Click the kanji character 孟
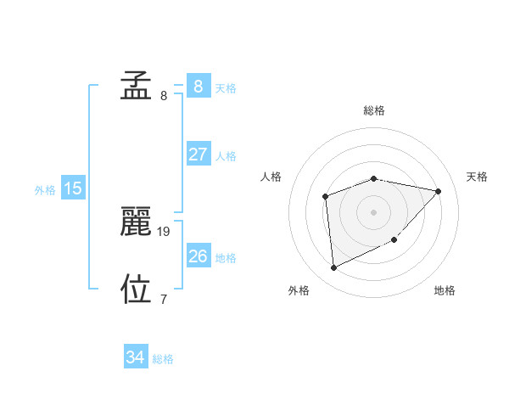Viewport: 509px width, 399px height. pyautogui.click(x=136, y=86)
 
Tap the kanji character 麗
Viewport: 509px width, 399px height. pyautogui.click(x=136, y=222)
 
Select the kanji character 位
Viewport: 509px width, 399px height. pyautogui.click(x=136, y=289)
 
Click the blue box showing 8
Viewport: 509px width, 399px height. pyautogui.click(x=198, y=86)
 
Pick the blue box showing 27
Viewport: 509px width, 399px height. pyautogui.click(x=198, y=155)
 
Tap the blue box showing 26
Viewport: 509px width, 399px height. pyautogui.click(x=198, y=256)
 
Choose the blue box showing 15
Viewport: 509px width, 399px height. pyautogui.click(x=73, y=188)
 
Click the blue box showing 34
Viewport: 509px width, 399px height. pyautogui.click(x=135, y=357)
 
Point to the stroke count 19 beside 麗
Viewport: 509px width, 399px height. pyautogui.click(x=165, y=231)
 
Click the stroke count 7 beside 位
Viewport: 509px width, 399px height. pyautogui.click(x=164, y=299)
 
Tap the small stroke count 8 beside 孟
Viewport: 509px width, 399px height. pyautogui.click(x=164, y=95)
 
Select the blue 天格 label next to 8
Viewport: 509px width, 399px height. pyautogui.click(x=226, y=87)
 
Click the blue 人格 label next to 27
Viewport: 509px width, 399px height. pyautogui.click(x=226, y=156)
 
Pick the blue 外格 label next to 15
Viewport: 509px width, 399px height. pyautogui.click(x=45, y=190)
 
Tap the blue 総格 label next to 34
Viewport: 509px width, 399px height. pyautogui.click(x=163, y=359)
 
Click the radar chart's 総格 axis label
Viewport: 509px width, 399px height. pyautogui.click(x=373, y=110)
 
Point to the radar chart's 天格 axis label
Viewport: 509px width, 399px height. pyautogui.click(x=477, y=177)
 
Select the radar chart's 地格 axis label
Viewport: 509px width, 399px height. pyautogui.click(x=445, y=290)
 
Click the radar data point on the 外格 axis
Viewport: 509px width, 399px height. pyautogui.click(x=334, y=268)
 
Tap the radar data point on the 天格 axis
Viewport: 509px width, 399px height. pyautogui.click(x=438, y=191)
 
